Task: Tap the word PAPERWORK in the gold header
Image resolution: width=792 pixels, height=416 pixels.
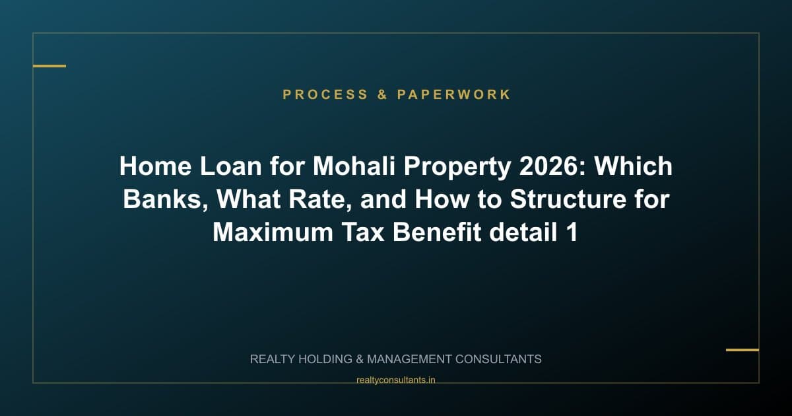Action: pyautogui.click(x=454, y=94)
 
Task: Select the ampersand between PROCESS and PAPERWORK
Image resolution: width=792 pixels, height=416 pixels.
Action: pyautogui.click(x=383, y=94)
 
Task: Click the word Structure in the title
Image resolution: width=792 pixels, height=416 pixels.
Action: pyautogui.click(x=563, y=199)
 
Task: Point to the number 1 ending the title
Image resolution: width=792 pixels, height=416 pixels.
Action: pyautogui.click(x=572, y=232)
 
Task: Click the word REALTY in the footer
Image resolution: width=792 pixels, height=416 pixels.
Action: pyautogui.click(x=273, y=359)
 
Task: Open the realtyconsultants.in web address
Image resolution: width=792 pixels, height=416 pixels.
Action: pyautogui.click(x=395, y=380)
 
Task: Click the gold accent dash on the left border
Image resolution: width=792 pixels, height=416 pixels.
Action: pyautogui.click(x=49, y=66)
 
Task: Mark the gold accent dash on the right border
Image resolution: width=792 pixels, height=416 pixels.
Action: pyautogui.click(x=742, y=350)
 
